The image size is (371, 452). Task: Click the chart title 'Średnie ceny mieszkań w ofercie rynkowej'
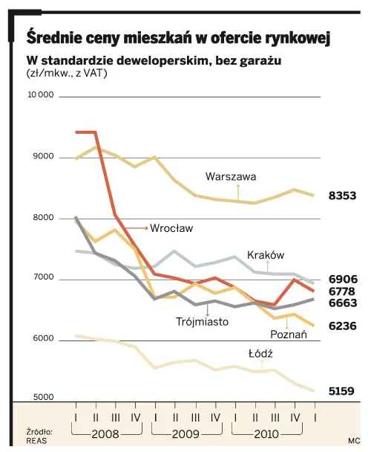(x=178, y=36)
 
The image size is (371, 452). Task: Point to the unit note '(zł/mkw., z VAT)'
(x=68, y=74)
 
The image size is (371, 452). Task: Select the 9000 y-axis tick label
(x=43, y=157)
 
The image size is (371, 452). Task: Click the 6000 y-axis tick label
(x=43, y=340)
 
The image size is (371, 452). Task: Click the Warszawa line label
(x=231, y=177)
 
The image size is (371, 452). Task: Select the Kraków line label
(x=266, y=255)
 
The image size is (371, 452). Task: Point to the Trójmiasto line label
(x=202, y=322)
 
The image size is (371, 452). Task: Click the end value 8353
(x=343, y=196)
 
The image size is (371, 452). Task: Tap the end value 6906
(x=343, y=280)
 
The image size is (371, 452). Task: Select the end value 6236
(x=343, y=326)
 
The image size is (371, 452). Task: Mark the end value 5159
(x=343, y=390)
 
